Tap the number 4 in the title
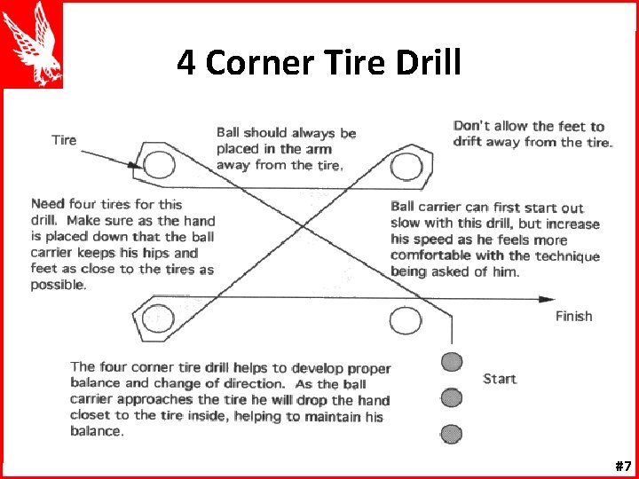[185, 63]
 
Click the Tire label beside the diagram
[64, 140]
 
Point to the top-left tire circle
[159, 165]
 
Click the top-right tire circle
[406, 165]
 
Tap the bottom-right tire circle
[406, 319]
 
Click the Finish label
[573, 317]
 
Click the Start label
[500, 379]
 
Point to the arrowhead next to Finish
[548, 299]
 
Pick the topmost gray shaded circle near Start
[453, 361]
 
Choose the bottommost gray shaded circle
[453, 433]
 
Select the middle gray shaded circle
[453, 397]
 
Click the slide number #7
[622, 466]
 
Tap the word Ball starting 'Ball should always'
[228, 133]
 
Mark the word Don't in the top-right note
[471, 126]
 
